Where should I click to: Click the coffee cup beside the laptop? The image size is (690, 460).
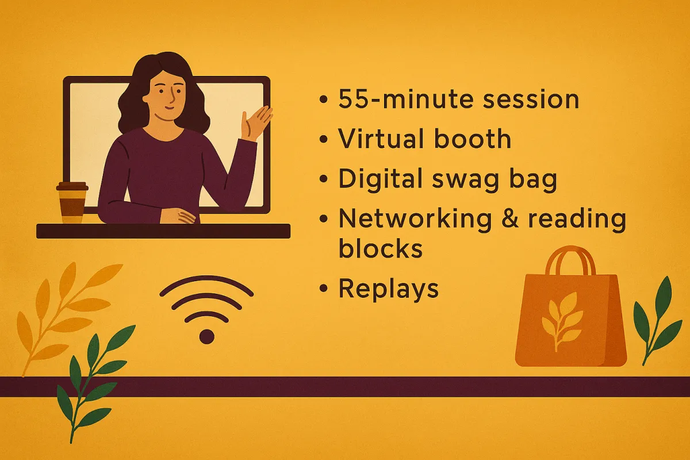[72, 203]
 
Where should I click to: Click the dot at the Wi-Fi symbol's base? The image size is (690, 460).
[206, 336]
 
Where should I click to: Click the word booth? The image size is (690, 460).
[473, 139]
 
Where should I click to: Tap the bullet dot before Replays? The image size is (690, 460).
[323, 289]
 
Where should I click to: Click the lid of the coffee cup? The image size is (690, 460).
[72, 186]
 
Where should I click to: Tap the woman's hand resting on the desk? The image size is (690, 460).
[178, 215]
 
